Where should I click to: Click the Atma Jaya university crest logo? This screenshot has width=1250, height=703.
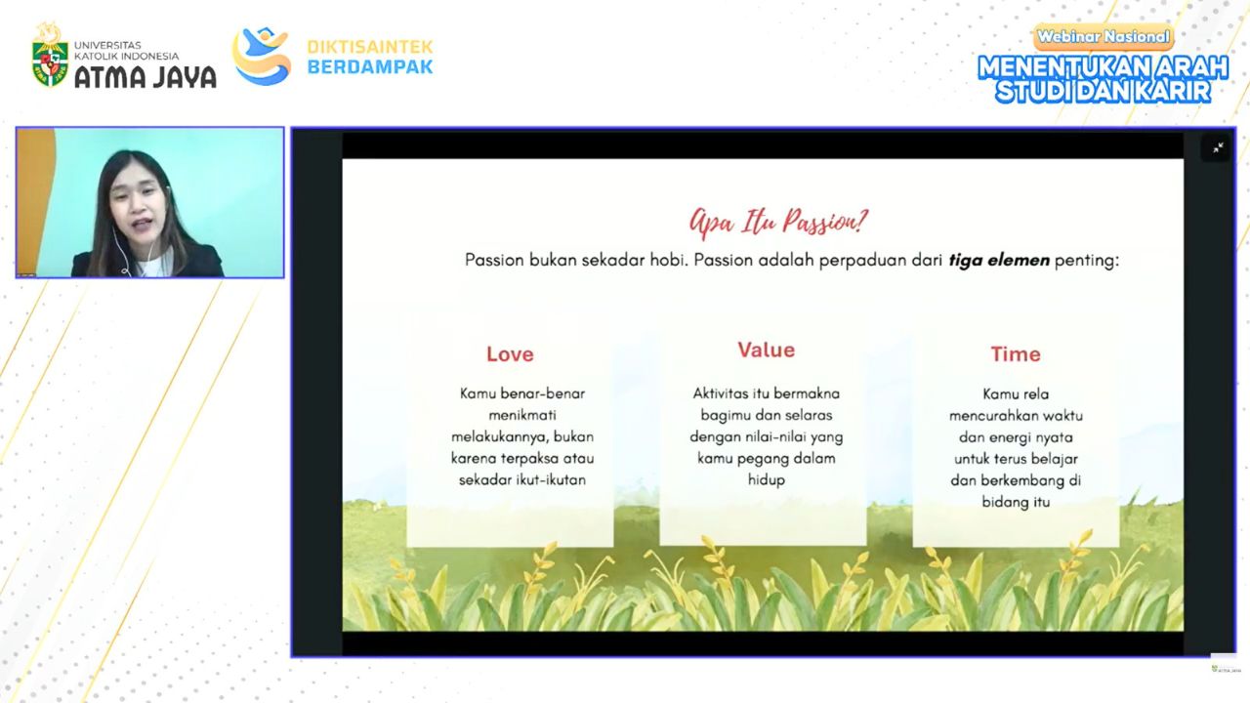[50, 55]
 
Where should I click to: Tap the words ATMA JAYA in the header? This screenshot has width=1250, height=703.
[146, 77]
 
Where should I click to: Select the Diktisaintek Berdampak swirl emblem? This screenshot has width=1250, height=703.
[261, 56]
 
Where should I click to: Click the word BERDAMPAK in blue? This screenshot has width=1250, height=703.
[370, 67]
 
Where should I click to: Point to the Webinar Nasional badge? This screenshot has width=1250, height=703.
[1104, 37]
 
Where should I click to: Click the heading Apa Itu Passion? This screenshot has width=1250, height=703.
[778, 222]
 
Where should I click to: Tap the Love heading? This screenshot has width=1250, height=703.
[510, 354]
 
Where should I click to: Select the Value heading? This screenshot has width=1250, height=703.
[767, 350]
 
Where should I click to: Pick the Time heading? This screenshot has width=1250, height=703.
[1016, 354]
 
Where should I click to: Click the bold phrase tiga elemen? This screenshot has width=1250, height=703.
[999, 260]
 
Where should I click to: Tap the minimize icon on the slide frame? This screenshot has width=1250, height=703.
[1218, 147]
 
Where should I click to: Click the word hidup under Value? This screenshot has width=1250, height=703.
[767, 479]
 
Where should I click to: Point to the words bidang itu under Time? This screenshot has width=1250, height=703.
[1016, 502]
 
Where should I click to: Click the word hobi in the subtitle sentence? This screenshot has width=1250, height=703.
[668, 260]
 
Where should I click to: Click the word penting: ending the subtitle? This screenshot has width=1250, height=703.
[1087, 261]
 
